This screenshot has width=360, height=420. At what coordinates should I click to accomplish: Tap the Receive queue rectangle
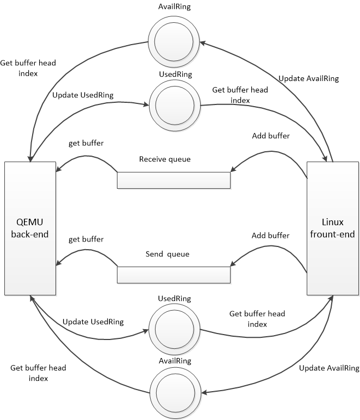click(173, 180)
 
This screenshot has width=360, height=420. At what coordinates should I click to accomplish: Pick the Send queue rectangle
click(173, 275)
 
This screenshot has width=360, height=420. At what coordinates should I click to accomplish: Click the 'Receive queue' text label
click(164, 159)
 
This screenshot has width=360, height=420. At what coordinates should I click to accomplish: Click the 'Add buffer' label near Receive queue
click(270, 135)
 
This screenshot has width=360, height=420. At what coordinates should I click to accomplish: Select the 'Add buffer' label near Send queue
click(270, 236)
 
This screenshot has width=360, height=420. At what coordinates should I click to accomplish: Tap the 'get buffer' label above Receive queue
click(86, 144)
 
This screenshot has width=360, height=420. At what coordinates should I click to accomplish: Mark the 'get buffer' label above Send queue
click(86, 239)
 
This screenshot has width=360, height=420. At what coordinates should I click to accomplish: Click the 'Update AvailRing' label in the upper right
click(308, 78)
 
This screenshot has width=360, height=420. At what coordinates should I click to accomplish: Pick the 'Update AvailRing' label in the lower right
click(329, 368)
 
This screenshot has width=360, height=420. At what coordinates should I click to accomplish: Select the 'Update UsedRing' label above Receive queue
click(83, 95)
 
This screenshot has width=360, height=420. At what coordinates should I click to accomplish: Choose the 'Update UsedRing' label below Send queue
click(93, 322)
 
